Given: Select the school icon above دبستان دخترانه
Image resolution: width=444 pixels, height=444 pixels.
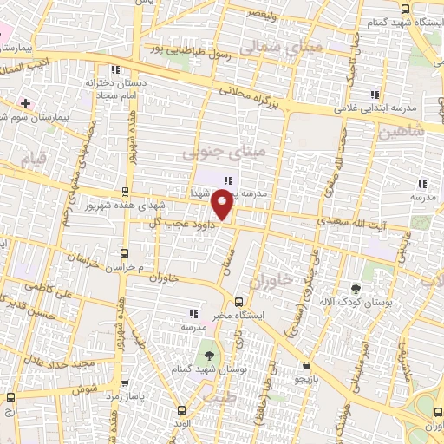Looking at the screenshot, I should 114,69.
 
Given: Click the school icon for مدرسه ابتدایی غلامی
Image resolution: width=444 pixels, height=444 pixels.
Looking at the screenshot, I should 375,95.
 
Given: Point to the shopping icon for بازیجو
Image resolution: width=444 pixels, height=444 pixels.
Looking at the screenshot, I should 305,367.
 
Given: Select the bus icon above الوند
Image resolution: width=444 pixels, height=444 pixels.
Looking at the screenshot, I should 180,410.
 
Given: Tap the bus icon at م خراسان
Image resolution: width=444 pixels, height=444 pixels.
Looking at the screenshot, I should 124,252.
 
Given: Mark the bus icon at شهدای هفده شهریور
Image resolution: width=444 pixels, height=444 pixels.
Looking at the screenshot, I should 127,192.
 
